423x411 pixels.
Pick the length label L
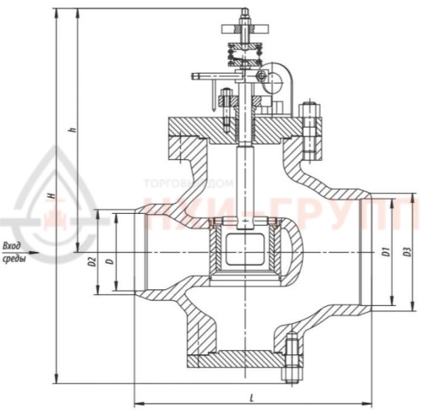pos(254,395)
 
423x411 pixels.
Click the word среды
pos(14,259)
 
